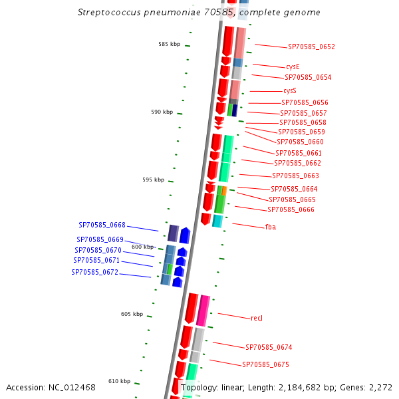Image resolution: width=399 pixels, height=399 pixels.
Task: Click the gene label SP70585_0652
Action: coord(311,47)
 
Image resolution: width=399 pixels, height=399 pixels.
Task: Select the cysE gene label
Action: coord(293,66)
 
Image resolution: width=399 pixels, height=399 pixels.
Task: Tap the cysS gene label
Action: coord(290,90)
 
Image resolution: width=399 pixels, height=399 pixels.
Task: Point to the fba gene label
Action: coord(270,227)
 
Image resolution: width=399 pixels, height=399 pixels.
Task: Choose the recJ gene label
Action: coord(257,318)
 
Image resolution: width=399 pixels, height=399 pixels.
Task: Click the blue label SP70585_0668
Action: coord(102,225)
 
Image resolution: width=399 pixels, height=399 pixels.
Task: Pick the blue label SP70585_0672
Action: coord(94,272)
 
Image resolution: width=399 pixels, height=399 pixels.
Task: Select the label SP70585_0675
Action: coord(265,364)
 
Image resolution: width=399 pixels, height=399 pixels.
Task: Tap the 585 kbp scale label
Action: coord(169,45)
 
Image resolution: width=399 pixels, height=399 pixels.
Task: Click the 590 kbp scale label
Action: coord(162,112)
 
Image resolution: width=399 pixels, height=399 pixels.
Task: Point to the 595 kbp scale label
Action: coord(153,180)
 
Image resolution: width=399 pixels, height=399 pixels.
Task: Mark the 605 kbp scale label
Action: coord(132,314)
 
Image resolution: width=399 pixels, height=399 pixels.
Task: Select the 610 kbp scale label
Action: coord(119,381)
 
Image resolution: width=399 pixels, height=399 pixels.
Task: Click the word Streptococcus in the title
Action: coord(108,13)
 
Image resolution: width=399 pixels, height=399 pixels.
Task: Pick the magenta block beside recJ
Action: coord(203,311)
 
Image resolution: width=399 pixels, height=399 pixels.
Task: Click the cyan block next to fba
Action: coord(217,221)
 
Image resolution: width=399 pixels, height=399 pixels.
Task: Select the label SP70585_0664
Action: coord(294,189)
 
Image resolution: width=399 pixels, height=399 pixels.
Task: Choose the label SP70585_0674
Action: coord(269,347)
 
